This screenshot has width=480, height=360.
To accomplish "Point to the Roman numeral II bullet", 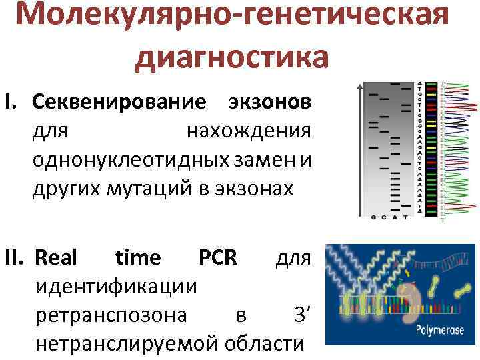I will click(x=16, y=257).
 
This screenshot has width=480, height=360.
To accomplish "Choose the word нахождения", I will click(x=249, y=131).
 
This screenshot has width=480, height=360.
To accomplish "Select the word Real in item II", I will click(x=56, y=257).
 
